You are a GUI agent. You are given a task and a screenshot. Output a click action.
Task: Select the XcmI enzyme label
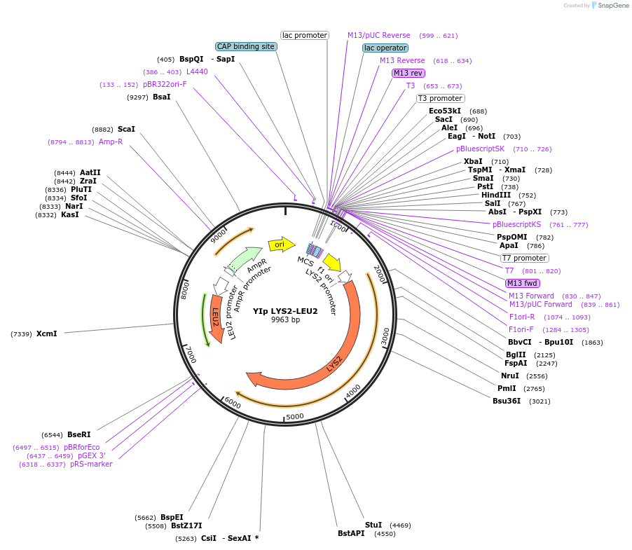[x=46, y=334]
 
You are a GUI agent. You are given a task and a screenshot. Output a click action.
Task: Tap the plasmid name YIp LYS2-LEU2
[x=285, y=311]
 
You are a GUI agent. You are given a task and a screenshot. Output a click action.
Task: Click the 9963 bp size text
[x=285, y=320]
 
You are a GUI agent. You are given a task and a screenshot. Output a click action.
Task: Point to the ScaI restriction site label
[x=126, y=129]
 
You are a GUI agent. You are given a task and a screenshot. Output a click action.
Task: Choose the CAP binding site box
[x=246, y=46]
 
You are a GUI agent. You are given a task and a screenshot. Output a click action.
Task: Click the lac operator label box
[x=385, y=48]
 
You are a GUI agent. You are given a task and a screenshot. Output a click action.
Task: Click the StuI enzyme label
[x=373, y=525]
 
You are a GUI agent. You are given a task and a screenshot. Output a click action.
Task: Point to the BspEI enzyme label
[x=172, y=518]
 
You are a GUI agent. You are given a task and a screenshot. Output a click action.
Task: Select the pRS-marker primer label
[x=91, y=464]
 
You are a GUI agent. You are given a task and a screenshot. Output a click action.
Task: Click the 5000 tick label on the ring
[x=295, y=416]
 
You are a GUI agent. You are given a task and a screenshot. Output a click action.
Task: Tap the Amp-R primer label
[x=111, y=142]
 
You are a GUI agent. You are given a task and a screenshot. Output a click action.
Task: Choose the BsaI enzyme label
[x=161, y=97]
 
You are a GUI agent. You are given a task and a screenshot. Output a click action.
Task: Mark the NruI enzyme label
[x=509, y=376]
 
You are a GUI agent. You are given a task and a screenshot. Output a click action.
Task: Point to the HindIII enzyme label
[x=496, y=195]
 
